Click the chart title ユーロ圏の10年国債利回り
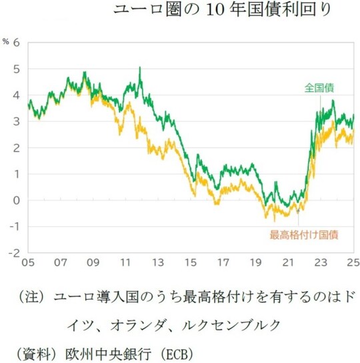tap(221, 9)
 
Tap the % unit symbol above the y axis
tap(5, 42)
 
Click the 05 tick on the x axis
tap(28, 262)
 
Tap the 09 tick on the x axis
tap(93, 262)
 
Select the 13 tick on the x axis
tap(158, 262)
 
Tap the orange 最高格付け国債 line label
tap(303, 234)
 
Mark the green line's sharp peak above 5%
tap(140, 67)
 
